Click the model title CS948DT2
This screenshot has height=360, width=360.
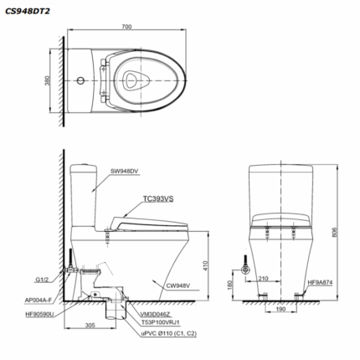[x=28, y=12]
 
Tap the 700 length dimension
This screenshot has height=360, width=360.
[x=126, y=27]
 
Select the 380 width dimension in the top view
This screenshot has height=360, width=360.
[x=48, y=80]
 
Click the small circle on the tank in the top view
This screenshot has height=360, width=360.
[x=80, y=80]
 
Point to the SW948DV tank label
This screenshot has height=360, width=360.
[x=125, y=172]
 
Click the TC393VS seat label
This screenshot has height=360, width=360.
[x=158, y=198]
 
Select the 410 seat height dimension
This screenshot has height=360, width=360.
[x=205, y=265]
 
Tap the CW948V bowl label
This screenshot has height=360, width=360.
[x=178, y=285]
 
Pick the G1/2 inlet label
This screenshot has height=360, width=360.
[x=42, y=280]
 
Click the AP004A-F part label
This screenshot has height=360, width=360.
[x=39, y=300]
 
